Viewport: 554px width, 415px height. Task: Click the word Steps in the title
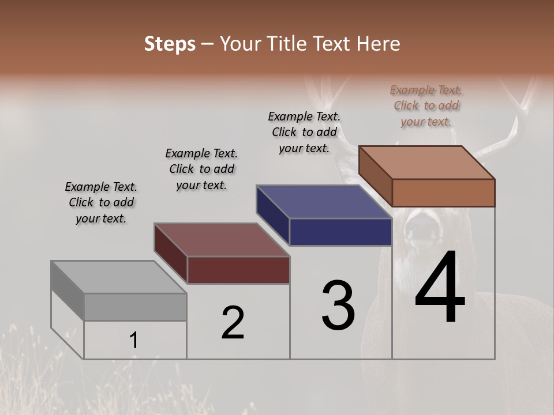[170, 44]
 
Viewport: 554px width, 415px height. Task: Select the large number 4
[440, 289]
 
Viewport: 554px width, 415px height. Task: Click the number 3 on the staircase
[338, 305]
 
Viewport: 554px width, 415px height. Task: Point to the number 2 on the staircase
[233, 323]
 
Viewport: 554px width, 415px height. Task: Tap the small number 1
[134, 341]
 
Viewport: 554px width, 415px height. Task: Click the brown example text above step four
[426, 105]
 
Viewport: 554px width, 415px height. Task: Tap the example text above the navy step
[304, 132]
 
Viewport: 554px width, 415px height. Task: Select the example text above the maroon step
[201, 169]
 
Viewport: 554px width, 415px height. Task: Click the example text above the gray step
[101, 202]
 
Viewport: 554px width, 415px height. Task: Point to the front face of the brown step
[443, 193]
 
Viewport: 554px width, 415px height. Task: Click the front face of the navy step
[340, 232]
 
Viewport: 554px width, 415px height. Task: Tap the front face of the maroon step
[238, 270]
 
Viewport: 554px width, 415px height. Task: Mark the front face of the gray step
[136, 307]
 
